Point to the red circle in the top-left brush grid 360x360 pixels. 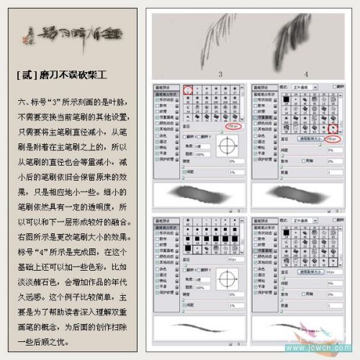click(x=189, y=91)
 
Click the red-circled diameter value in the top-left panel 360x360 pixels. click(x=232, y=127)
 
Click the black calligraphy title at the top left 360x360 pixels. click(x=72, y=34)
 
